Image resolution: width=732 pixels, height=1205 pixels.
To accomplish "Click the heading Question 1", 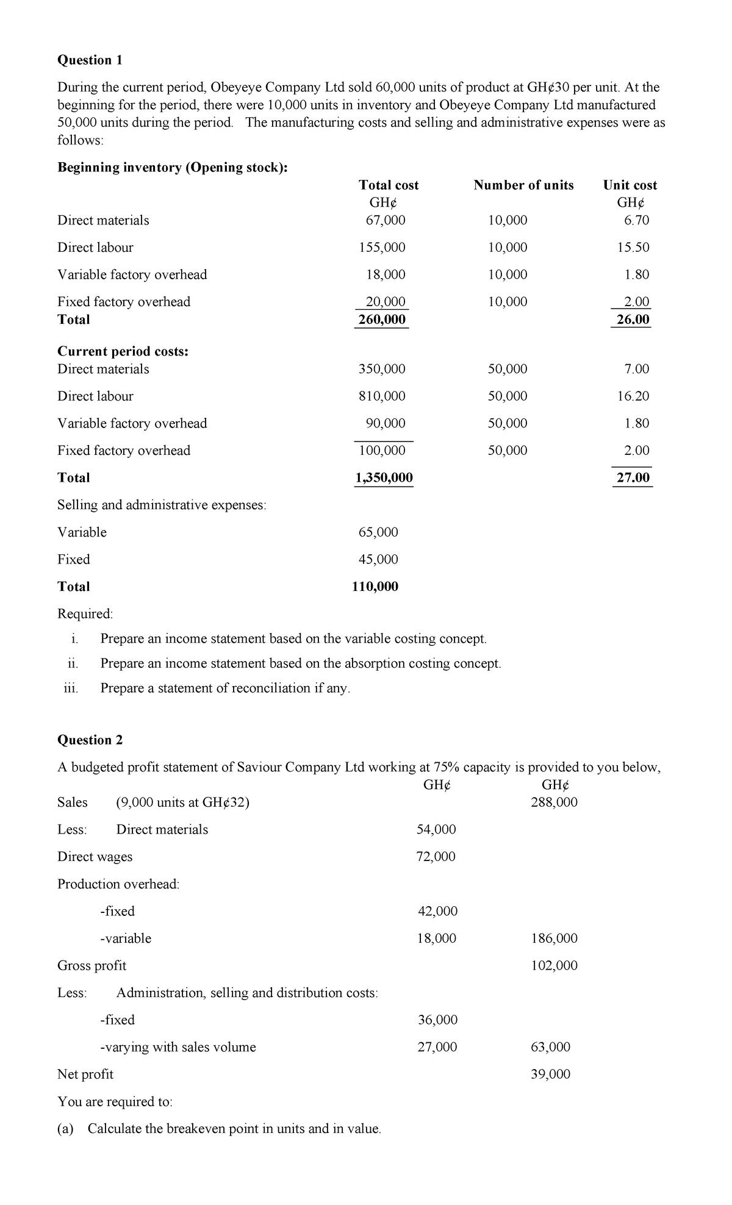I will pos(90,60).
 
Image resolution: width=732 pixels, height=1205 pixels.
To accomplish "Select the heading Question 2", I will pos(90,740).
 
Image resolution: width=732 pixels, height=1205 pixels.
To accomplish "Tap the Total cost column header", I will pos(389,185).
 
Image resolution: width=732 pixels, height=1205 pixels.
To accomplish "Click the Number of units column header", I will pos(523,185).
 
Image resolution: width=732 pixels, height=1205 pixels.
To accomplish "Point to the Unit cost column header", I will pos(630,185).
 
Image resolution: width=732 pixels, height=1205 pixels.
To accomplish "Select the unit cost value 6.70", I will pos(636,220).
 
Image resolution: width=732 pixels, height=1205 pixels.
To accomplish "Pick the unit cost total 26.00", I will pos(633,319).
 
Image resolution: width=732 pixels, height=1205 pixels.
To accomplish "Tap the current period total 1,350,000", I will pos(384,477).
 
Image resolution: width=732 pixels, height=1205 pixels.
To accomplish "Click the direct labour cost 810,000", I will pos(382,396).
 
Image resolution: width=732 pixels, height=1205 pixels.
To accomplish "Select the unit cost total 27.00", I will pos(633,477).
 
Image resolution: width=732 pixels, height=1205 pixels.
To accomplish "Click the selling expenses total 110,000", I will pos(375,587).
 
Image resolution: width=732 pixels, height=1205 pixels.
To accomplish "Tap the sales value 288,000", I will pos(554,802).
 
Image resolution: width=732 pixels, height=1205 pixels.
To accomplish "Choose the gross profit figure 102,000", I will pos(554,965).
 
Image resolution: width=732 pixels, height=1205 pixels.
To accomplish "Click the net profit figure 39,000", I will pos(550,1074).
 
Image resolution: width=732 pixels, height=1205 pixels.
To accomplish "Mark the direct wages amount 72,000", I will pos(436,856).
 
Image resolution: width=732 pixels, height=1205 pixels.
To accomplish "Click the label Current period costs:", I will pos(123,351).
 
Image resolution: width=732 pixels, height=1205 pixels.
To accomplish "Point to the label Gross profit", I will pos(91,965).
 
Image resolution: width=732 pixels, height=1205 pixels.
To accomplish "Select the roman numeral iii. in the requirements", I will pos(71,688).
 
